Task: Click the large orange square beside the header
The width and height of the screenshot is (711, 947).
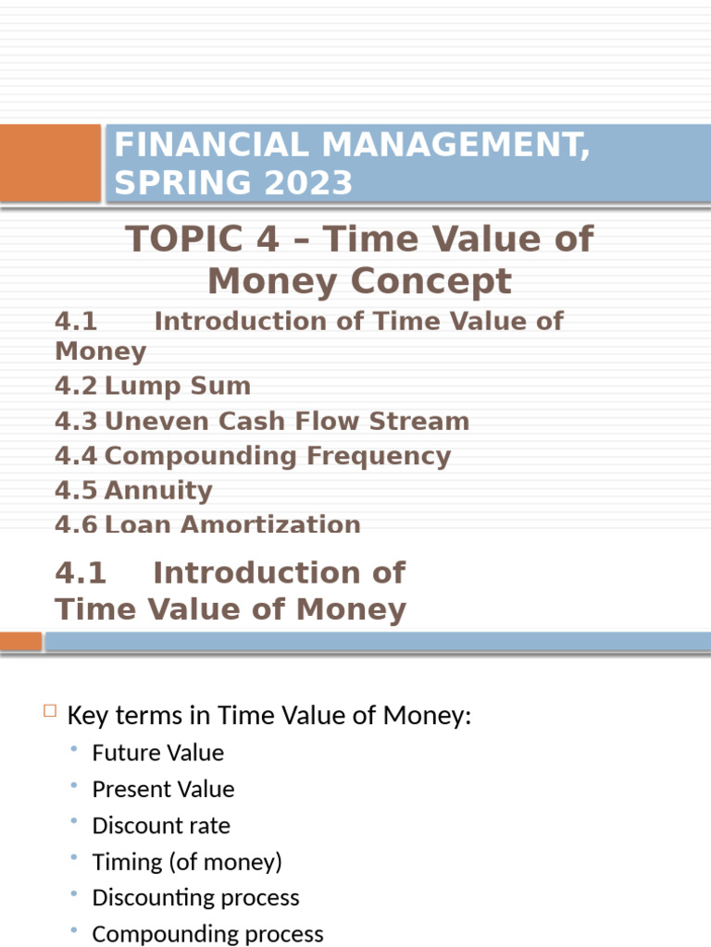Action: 50,163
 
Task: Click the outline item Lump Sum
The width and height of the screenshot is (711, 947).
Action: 177,386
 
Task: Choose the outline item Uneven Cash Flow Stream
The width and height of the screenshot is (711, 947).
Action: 287,421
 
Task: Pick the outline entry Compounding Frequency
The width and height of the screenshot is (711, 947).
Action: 277,456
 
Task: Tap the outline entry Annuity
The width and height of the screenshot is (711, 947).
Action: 158,490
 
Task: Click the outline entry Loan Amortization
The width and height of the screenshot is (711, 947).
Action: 232,523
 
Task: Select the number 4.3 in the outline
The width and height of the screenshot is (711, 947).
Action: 76,421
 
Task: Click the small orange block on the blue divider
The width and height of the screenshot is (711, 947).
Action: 20,641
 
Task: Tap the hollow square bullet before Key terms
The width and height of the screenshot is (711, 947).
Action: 50,711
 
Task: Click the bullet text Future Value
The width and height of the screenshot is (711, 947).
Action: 158,753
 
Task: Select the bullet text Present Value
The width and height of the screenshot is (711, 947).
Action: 163,789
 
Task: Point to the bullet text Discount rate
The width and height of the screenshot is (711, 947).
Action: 161,825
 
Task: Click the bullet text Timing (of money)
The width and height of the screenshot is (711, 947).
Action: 187,862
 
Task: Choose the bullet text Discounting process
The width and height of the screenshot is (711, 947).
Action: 196,898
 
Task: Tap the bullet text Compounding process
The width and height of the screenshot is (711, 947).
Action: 208,934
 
